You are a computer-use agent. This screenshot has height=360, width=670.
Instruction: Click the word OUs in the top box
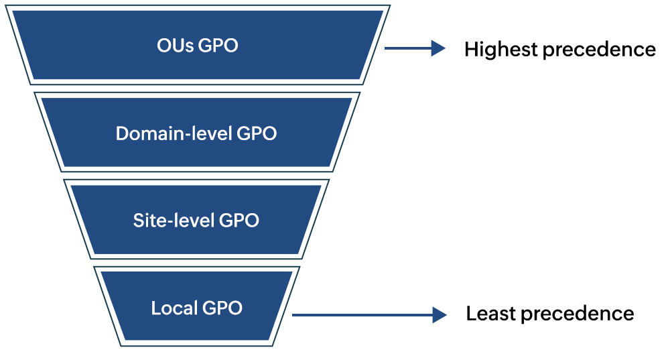(x=175, y=46)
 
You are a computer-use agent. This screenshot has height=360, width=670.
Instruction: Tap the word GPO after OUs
(x=218, y=46)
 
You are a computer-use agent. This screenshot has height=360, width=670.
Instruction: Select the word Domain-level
(x=174, y=133)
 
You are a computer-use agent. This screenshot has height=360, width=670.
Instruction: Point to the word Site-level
(x=174, y=221)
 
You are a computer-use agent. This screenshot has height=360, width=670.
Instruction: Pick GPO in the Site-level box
(x=239, y=221)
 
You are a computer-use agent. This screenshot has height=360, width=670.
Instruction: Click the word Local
(x=174, y=308)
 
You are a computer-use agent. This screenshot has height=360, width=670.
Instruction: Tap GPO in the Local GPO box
(x=222, y=308)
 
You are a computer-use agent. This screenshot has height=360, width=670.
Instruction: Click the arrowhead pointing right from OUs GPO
(x=439, y=48)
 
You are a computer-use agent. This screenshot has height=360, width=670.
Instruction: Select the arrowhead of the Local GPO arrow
(x=440, y=314)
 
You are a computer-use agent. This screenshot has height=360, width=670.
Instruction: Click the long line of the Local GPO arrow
(x=362, y=314)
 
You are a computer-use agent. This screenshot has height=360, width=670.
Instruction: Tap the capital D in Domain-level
(x=122, y=133)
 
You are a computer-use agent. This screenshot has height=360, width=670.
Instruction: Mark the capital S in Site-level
(x=138, y=221)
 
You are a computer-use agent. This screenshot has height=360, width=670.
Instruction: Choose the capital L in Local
(x=155, y=308)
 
